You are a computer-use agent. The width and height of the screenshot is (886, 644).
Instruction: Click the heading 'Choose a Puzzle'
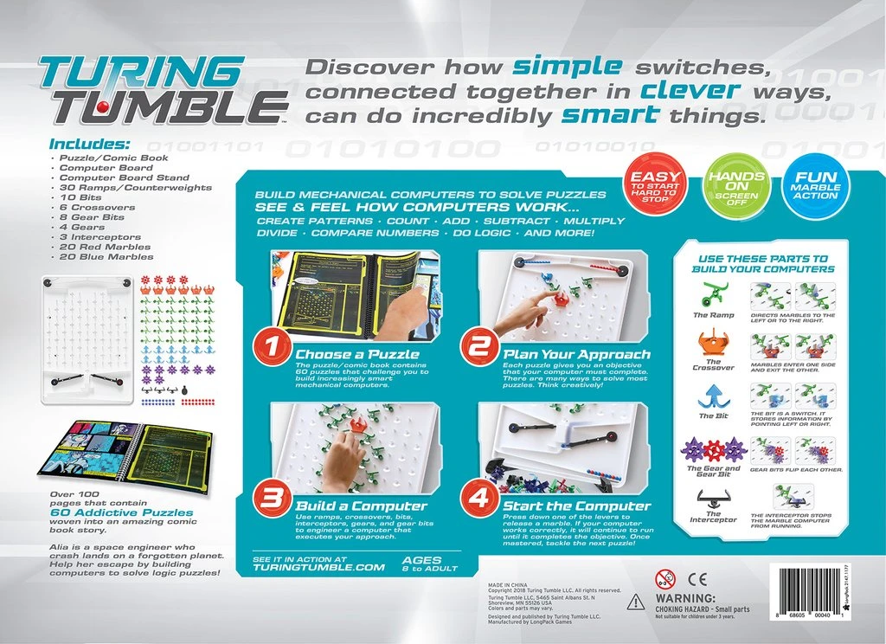357,354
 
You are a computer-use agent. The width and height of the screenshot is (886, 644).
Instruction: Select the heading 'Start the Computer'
576,506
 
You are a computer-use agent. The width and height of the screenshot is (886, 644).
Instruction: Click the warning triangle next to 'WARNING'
636,602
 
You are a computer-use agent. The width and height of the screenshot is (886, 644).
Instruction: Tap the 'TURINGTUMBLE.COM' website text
318,568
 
